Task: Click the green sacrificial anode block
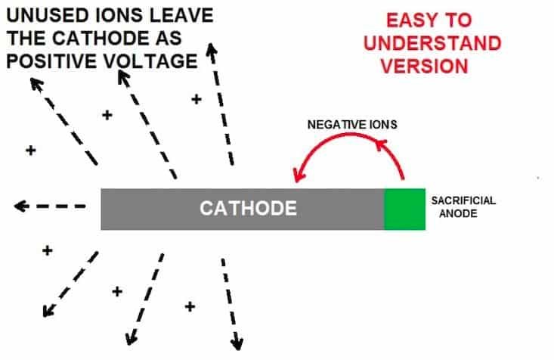click(404, 208)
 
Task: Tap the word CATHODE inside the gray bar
click(247, 208)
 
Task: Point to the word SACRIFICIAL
click(463, 200)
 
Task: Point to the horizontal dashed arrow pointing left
click(50, 206)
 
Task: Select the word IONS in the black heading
click(112, 16)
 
